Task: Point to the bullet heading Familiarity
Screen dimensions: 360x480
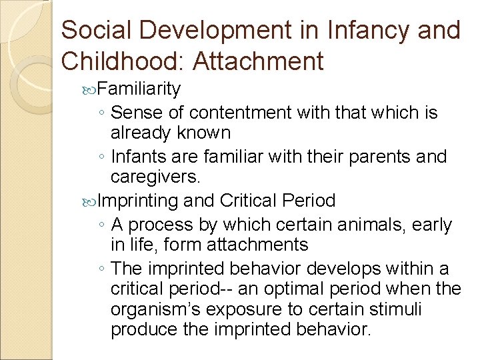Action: pos(139,89)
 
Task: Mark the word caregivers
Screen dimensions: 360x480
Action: pos(155,177)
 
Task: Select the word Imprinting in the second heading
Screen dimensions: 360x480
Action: pos(138,200)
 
